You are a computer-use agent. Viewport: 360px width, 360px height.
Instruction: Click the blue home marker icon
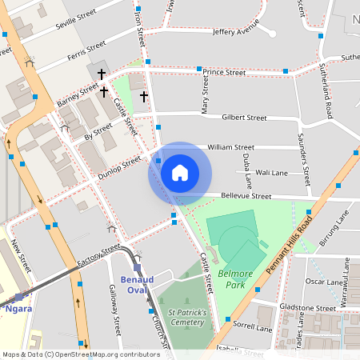point(180,172)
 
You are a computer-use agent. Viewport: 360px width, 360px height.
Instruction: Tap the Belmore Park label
point(231,279)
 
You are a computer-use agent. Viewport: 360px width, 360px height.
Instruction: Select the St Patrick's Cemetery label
point(182,317)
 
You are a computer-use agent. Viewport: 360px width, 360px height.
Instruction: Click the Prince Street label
point(223,73)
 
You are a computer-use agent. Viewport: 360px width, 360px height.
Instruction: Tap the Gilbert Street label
point(244,118)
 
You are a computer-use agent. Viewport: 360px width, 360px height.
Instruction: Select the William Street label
point(230,147)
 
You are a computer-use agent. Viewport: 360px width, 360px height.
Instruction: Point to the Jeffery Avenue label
point(236,31)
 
